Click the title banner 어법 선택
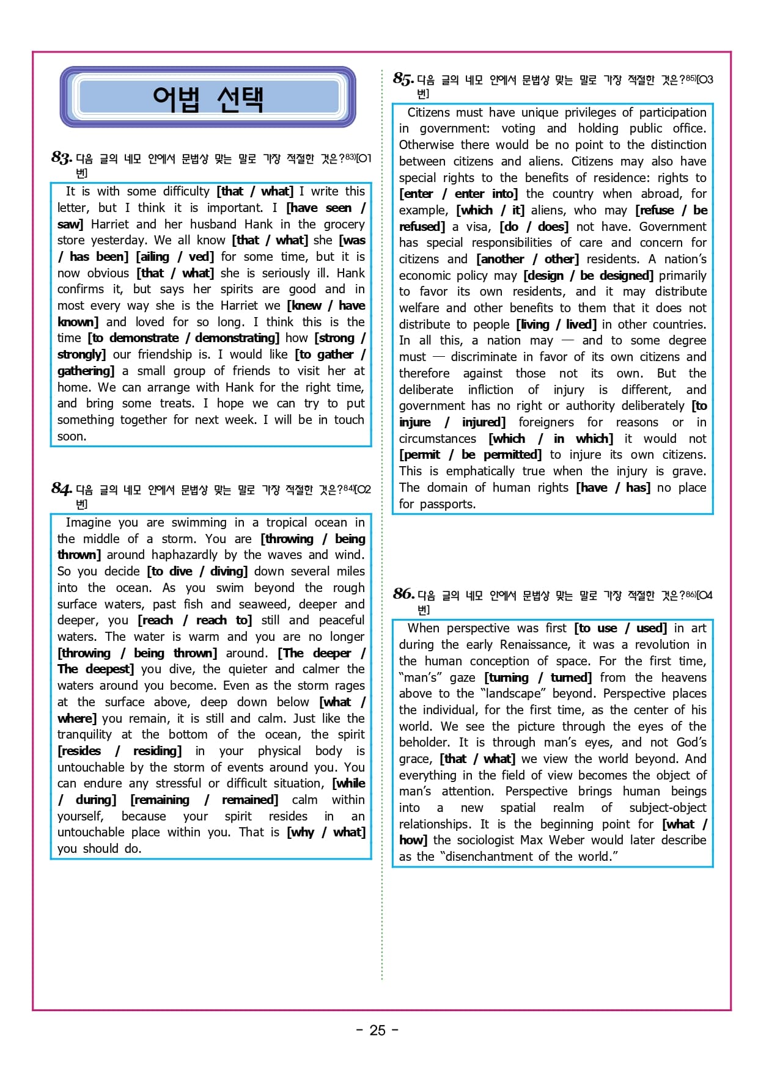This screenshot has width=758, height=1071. tap(208, 98)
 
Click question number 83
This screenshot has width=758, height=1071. tap(62, 158)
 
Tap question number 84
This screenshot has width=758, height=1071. tap(62, 488)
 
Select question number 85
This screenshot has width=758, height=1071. tap(403, 79)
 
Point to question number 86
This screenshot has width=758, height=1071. tap(403, 594)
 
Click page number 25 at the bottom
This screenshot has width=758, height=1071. tap(377, 1030)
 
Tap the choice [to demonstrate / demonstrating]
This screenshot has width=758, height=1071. tap(183, 338)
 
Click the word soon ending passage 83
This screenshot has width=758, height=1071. tap(72, 436)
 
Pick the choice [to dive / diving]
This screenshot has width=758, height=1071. tap(197, 571)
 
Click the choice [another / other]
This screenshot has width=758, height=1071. tap(527, 259)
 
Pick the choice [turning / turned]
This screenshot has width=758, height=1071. tap(538, 678)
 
